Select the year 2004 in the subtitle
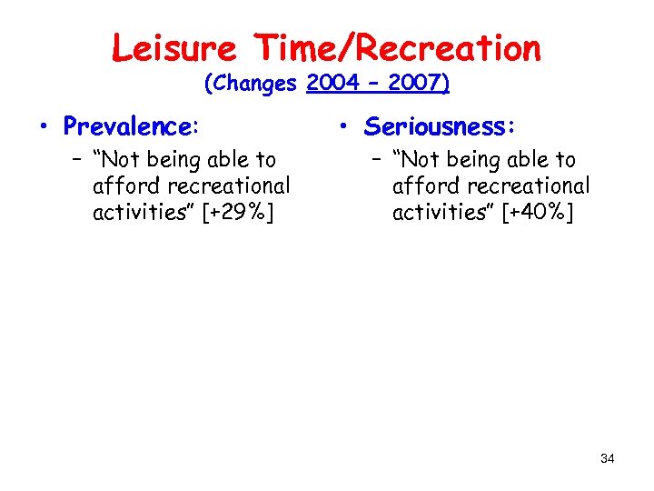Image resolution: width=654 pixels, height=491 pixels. point(333,84)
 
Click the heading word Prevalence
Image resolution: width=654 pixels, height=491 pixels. point(130,125)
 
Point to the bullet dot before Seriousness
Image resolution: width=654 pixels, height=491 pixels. point(350,126)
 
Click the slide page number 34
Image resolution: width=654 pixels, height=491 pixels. point(607,458)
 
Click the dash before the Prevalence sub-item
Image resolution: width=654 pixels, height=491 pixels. point(79,161)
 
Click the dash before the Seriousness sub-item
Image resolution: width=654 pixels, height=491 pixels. point(379,161)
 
